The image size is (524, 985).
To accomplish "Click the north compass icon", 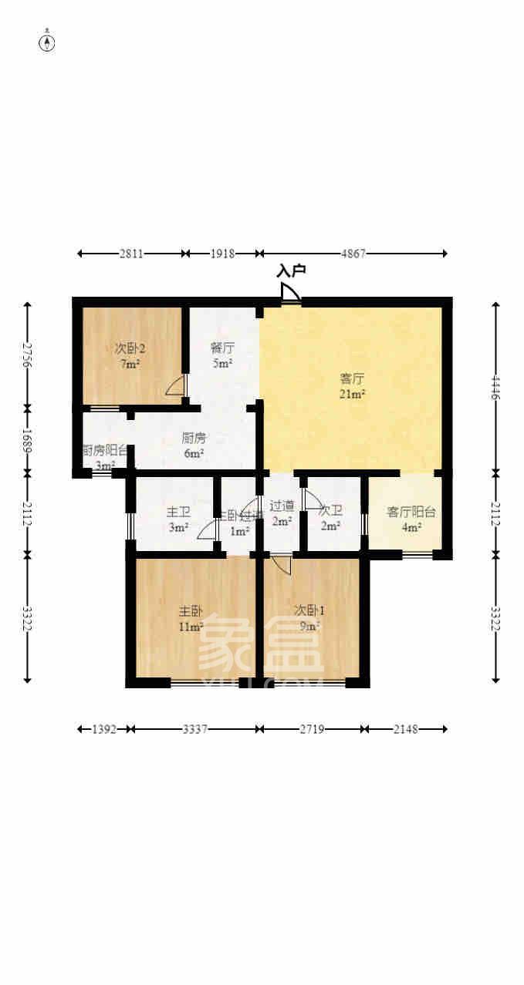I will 47,42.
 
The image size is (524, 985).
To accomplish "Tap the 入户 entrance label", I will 292,271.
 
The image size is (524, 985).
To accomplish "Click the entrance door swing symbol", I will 290,293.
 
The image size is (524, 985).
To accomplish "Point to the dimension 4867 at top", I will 353,253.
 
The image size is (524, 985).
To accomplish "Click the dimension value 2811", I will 130,253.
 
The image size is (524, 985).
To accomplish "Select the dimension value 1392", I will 103,728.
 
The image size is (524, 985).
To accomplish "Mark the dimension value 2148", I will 404,728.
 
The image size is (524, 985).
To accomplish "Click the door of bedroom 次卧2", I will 176,387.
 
